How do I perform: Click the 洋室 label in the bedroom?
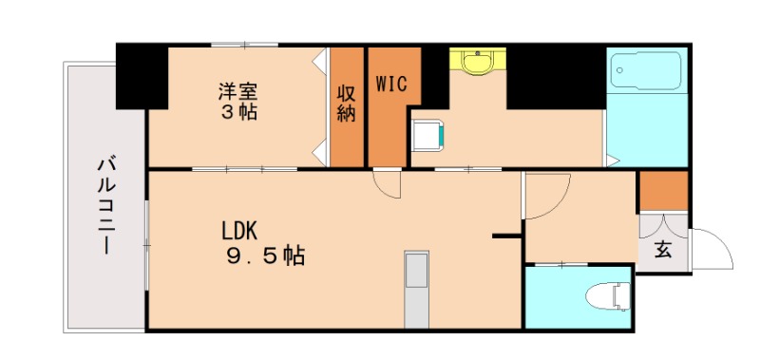click(238, 92)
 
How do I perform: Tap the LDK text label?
click(242, 231)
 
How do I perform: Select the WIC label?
click(390, 84)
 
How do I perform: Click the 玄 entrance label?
click(662, 251)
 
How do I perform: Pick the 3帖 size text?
click(238, 112)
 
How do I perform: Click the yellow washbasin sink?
click(478, 62)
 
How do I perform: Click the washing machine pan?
click(427, 135)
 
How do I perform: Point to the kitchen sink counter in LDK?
click(415, 285)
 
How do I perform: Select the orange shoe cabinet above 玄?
click(662, 190)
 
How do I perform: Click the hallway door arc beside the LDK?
click(544, 195)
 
